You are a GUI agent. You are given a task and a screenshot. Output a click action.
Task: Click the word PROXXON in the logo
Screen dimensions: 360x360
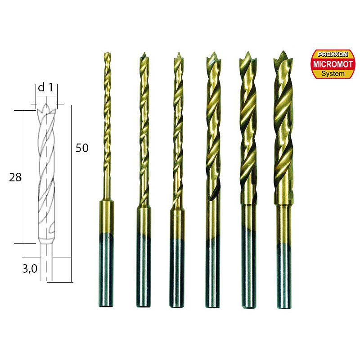333,54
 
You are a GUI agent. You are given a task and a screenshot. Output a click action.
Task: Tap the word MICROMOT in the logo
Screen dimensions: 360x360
333,64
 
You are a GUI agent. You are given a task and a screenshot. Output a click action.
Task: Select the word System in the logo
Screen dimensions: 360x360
333,74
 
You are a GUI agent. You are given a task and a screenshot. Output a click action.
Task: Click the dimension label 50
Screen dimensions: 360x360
82,148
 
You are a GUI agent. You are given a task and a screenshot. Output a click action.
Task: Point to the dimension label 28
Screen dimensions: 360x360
15,177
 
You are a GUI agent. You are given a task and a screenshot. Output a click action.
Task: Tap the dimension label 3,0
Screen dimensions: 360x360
30,268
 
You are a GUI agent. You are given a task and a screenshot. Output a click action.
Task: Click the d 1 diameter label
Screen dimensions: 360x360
45,87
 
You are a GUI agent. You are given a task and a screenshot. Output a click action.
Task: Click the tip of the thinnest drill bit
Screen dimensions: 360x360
107,53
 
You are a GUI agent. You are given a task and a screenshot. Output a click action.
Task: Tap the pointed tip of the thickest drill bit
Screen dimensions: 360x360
283,51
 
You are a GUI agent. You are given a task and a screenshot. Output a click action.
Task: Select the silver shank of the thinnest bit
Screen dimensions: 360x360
106,270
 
